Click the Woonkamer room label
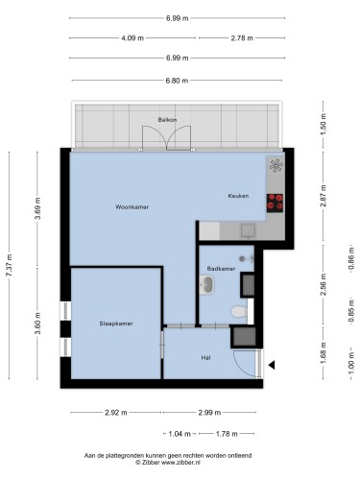[x=132, y=207]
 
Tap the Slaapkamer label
[x=116, y=324]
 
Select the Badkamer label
[x=221, y=269]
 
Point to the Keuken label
[x=238, y=196]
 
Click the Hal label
[x=205, y=358]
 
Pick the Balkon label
[x=167, y=120]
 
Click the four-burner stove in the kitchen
[x=275, y=203]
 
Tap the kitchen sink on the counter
[x=249, y=230]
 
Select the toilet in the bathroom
[x=239, y=311]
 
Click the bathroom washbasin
[x=206, y=284]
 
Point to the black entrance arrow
[x=272, y=365]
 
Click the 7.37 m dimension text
[x=10, y=265]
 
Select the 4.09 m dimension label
[x=132, y=38]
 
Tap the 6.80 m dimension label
[x=177, y=81]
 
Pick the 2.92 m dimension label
[x=116, y=413]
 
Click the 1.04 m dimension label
[x=180, y=434]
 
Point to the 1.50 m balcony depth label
[x=324, y=125]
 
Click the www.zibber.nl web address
[x=180, y=462]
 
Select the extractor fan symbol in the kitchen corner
[x=276, y=166]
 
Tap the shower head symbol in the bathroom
[x=246, y=258]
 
